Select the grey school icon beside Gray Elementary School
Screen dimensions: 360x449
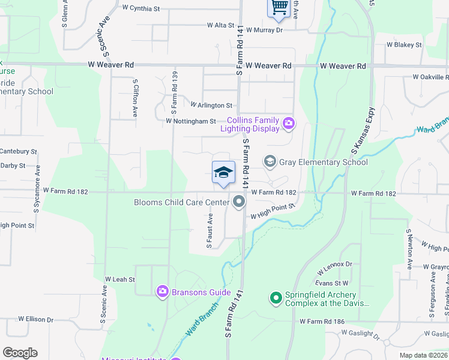(x=270, y=161)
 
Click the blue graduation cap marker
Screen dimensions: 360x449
(x=223, y=173)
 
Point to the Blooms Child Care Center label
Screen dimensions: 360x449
(x=182, y=202)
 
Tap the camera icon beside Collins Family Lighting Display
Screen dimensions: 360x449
(x=289, y=124)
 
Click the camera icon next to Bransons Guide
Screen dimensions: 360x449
(x=162, y=292)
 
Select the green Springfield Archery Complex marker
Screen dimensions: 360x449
(x=276, y=297)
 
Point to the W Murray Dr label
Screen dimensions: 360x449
(x=264, y=29)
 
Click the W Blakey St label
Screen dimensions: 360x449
(x=404, y=44)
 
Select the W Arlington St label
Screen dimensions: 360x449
(x=211, y=105)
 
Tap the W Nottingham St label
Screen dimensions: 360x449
(x=190, y=121)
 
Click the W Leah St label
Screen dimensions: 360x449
(x=121, y=279)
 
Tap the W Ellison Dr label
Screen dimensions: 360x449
(x=36, y=319)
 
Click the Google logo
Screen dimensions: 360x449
(x=20, y=353)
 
